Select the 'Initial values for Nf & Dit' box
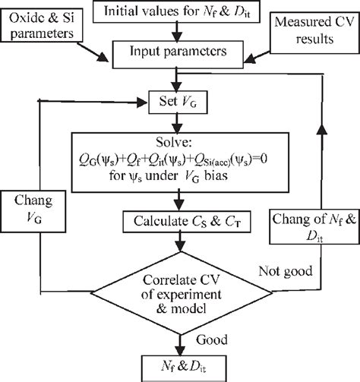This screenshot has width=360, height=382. click(x=176, y=11)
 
